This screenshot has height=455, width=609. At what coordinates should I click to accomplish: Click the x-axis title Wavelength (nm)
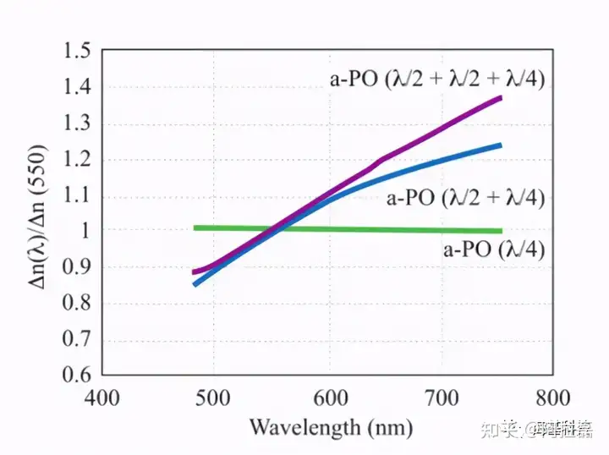330,427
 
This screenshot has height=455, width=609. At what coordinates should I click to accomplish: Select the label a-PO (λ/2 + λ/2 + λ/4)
436,79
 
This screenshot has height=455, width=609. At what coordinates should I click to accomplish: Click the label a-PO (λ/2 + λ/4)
465,200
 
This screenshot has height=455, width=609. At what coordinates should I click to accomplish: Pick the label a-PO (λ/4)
493,249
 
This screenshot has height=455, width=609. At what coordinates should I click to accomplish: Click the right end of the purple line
501,98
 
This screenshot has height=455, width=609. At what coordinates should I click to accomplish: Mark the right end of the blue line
501,145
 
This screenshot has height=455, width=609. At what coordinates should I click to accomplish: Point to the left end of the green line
195,227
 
